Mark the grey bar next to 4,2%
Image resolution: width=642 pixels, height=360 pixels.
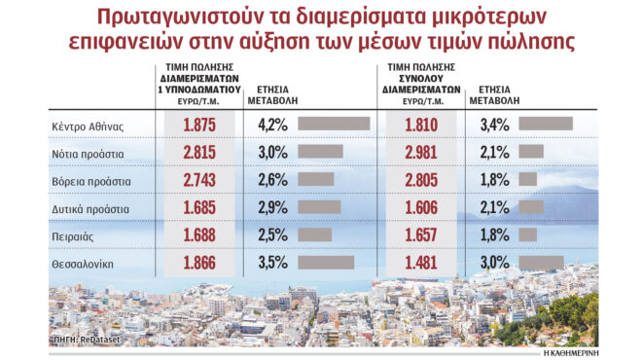(334, 124)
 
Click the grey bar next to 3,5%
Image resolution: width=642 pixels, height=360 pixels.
(326, 263)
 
